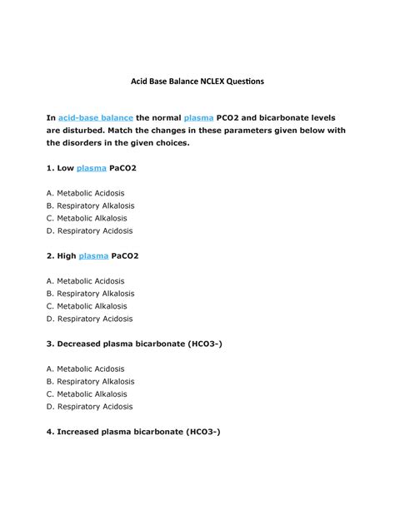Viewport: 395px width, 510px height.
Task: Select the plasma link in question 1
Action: coord(92,168)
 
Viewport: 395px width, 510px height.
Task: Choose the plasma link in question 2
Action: coord(93,256)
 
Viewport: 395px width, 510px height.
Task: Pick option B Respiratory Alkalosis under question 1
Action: coord(90,205)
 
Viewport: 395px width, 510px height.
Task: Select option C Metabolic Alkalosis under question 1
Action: coord(87,218)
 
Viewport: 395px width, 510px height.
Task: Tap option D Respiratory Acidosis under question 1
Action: coord(89,230)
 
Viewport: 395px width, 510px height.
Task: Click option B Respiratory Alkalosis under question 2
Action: coord(90,294)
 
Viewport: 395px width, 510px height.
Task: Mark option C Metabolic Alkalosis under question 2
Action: coord(87,306)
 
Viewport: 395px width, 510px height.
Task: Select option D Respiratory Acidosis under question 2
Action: coord(89,319)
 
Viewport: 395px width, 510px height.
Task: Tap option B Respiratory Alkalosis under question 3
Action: coord(90,382)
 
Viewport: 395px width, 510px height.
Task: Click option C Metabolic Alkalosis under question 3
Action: coord(87,394)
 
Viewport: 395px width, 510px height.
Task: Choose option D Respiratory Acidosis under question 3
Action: coord(89,407)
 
